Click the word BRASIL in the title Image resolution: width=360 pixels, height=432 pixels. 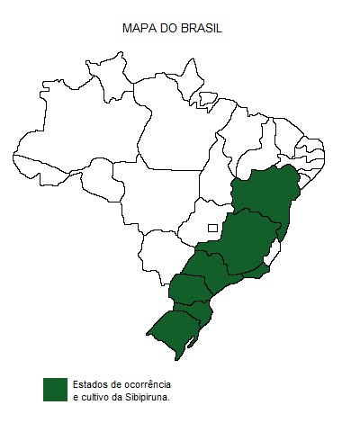(x=202, y=29)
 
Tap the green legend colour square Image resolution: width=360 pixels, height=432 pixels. (x=55, y=389)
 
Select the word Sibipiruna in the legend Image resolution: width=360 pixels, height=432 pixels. (x=147, y=396)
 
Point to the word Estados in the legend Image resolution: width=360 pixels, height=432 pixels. (x=91, y=383)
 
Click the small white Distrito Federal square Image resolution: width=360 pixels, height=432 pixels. (x=212, y=228)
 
